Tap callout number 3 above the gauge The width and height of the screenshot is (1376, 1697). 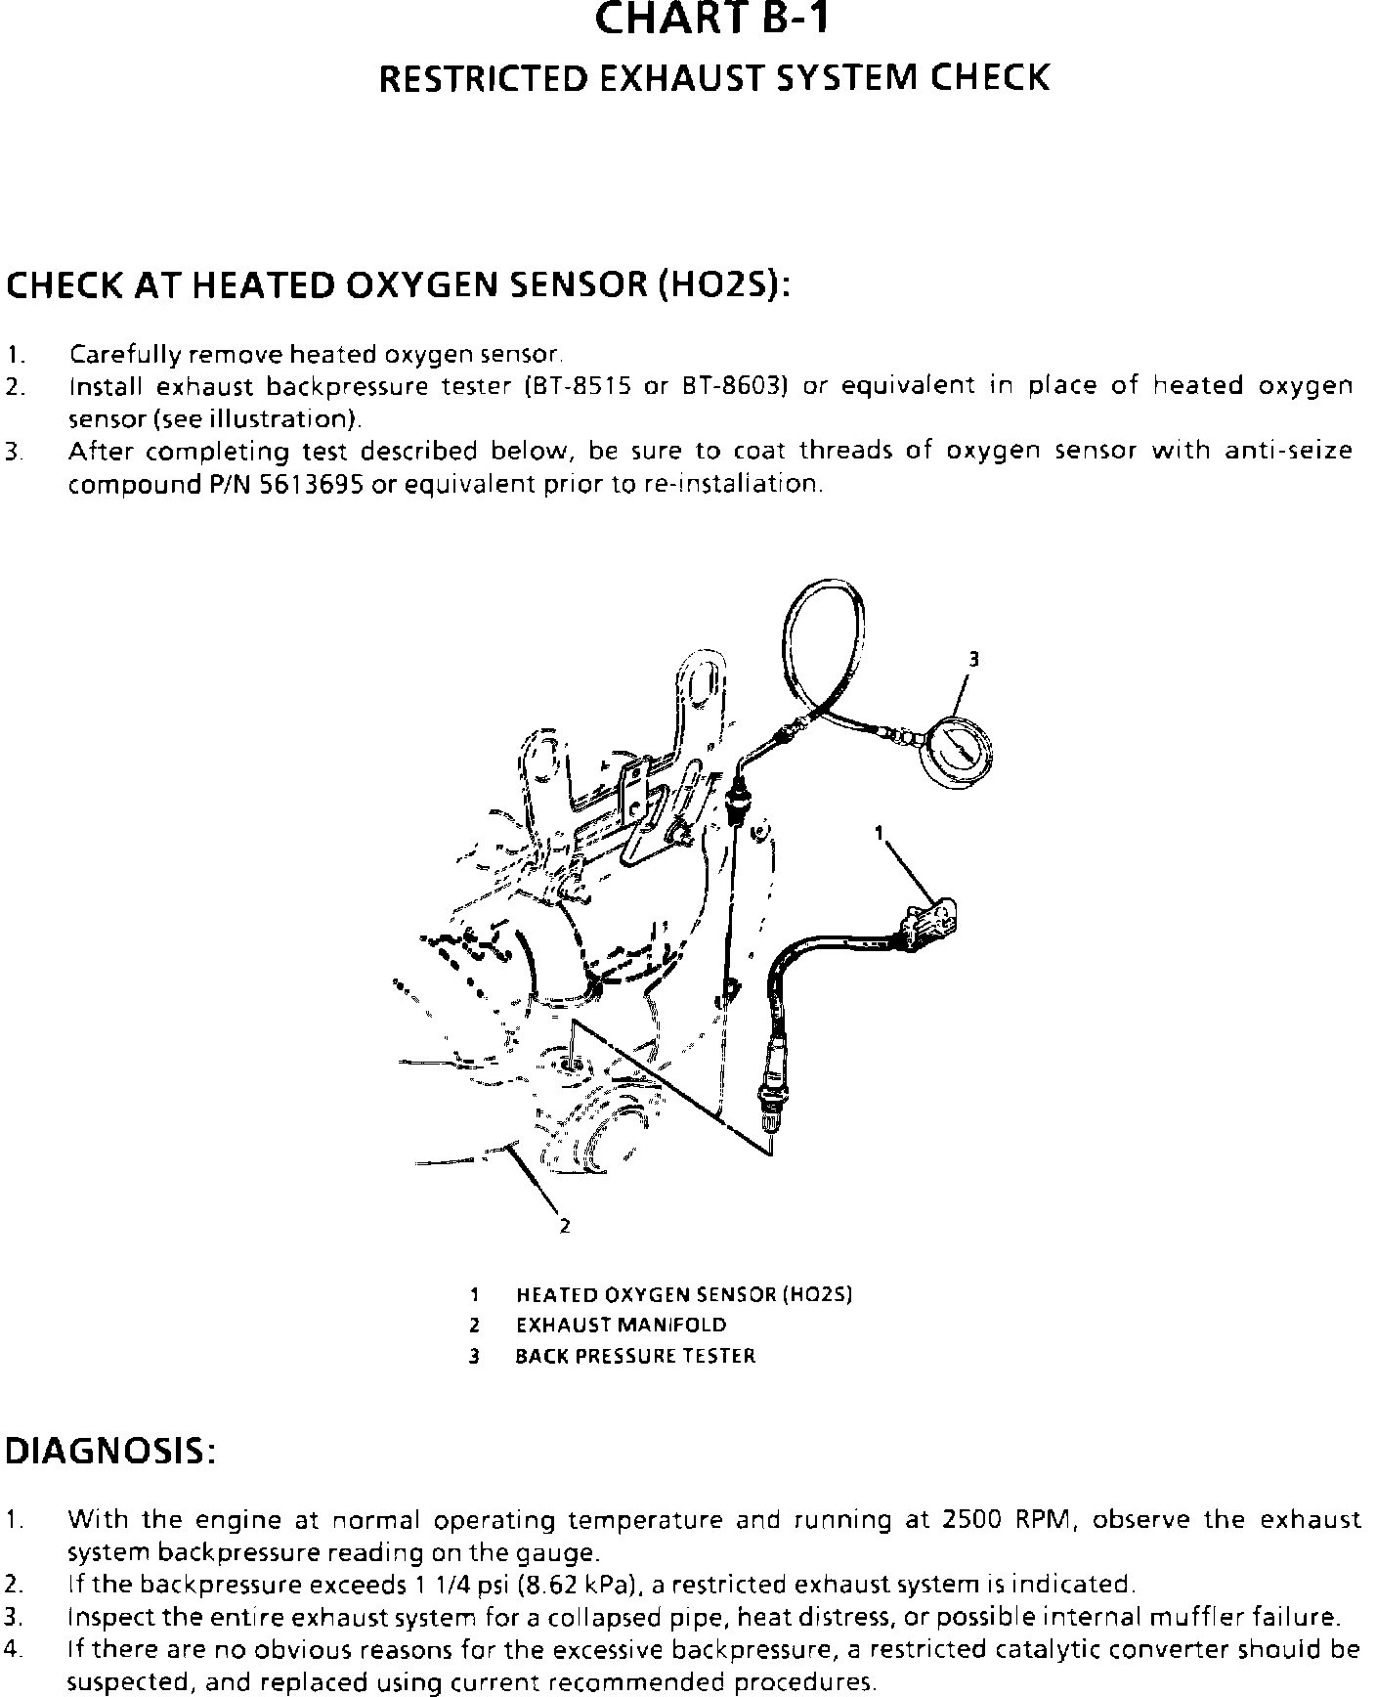(972, 659)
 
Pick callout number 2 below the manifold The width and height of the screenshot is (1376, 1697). (564, 1226)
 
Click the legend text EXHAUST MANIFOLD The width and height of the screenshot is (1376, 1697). (621, 1326)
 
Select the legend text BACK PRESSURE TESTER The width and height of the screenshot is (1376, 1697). (635, 1356)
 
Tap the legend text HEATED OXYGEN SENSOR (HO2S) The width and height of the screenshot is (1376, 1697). (684, 1294)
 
